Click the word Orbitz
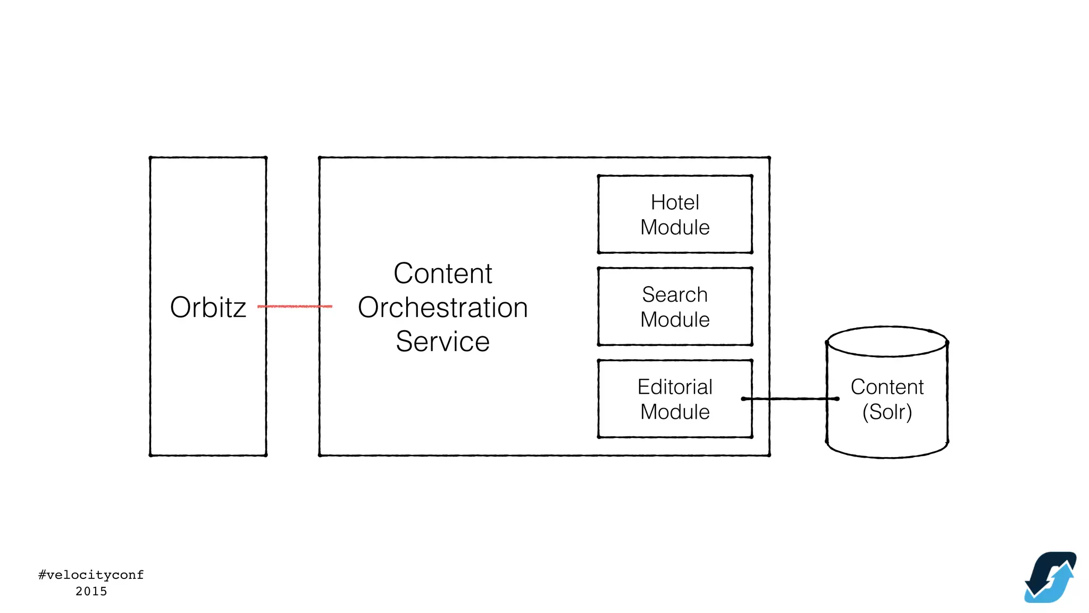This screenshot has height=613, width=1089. [208, 308]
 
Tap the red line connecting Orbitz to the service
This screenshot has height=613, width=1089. [295, 306]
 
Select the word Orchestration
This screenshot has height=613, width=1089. [442, 308]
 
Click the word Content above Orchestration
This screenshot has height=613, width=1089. [442, 274]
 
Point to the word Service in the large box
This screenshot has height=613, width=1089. [442, 342]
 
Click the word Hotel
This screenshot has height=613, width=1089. [675, 203]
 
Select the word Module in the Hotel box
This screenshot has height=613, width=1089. [675, 228]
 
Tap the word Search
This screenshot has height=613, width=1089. [675, 295]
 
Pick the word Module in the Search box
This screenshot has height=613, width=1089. [675, 320]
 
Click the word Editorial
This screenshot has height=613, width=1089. [675, 387]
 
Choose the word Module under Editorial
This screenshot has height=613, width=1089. [675, 412]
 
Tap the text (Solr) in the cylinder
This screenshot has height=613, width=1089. [887, 412]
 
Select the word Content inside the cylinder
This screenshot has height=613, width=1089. [887, 387]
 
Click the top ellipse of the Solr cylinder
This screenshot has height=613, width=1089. [887, 341]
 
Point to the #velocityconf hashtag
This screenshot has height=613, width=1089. [91, 575]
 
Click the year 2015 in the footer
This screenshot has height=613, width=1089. [91, 591]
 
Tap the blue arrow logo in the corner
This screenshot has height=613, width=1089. [1050, 577]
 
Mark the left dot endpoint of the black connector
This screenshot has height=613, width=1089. [743, 399]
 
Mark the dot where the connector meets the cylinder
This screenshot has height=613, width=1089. [837, 399]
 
